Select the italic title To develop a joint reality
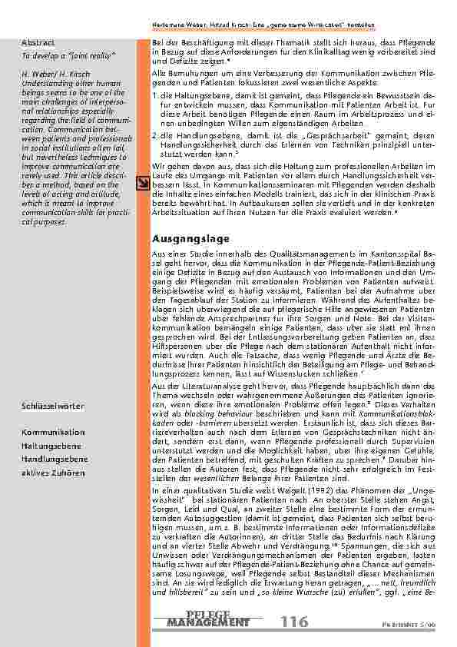[x=58, y=55]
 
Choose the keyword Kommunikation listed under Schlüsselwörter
[x=53, y=432]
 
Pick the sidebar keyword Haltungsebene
[x=51, y=445]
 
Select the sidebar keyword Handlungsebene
[x=52, y=458]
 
